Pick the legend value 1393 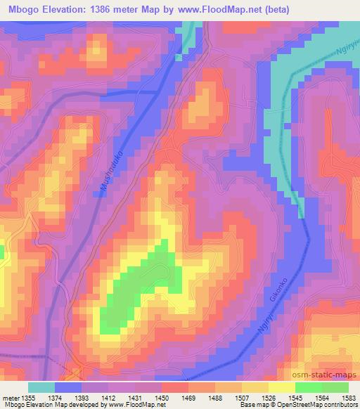[x=82, y=397]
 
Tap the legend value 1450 [x=162, y=397]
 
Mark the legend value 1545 [x=295, y=397]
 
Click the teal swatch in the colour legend [x=41, y=387]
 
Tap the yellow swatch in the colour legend [x=281, y=387]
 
